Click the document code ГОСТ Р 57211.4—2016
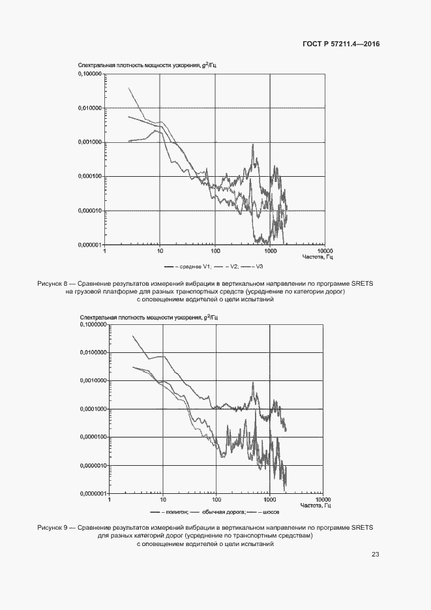(342, 44)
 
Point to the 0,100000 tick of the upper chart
(89, 74)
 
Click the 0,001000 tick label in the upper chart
(89, 142)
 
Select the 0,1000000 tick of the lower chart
(92, 324)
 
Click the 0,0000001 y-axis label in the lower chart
(92, 493)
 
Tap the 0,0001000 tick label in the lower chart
(92, 409)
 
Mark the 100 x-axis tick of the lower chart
(216, 499)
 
